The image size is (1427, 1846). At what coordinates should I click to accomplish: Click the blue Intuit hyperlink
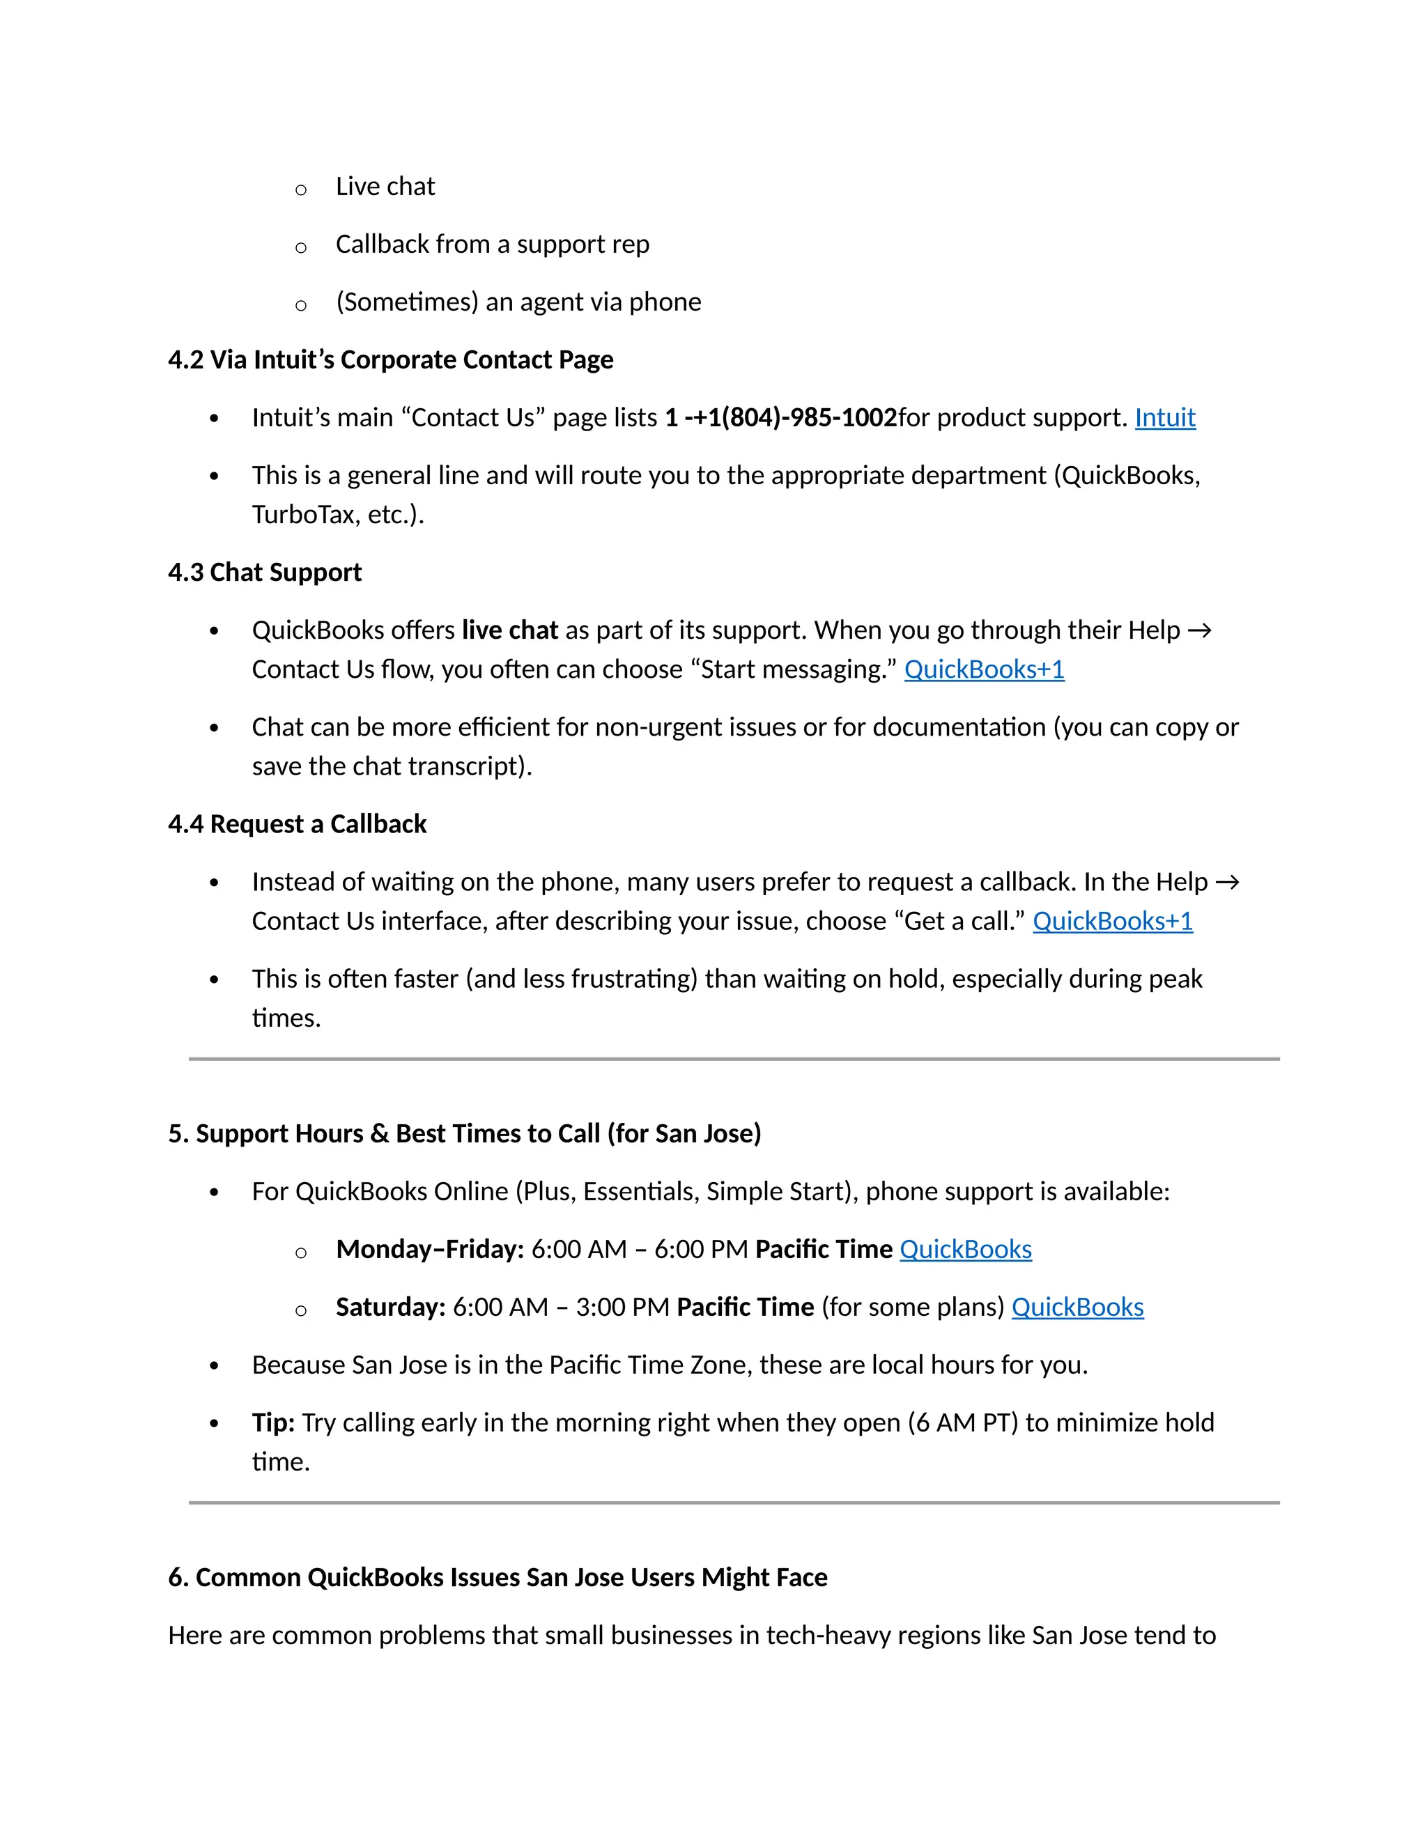[x=1164, y=417]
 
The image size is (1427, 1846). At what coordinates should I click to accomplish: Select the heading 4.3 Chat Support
[x=265, y=572]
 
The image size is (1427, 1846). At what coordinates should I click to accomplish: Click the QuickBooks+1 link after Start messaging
[x=984, y=669]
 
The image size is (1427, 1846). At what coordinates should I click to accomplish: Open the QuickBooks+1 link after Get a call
[x=1113, y=922]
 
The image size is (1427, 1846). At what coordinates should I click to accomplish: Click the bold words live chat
[x=510, y=630]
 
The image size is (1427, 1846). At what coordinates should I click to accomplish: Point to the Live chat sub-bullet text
[x=385, y=187]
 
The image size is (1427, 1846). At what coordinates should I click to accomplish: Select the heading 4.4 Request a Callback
[x=297, y=824]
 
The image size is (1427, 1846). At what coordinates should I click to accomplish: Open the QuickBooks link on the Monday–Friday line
[x=966, y=1249]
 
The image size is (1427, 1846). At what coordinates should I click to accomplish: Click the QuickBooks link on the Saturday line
[x=1077, y=1308]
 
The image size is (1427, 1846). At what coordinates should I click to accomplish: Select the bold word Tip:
[x=273, y=1422]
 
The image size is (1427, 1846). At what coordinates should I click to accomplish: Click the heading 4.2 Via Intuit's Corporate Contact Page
[x=391, y=360]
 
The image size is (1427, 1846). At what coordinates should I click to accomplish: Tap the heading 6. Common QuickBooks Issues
[x=497, y=1577]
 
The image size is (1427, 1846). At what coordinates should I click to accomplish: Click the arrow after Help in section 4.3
[x=1200, y=630]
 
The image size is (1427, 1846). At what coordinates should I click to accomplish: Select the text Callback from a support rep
[x=492, y=245]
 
